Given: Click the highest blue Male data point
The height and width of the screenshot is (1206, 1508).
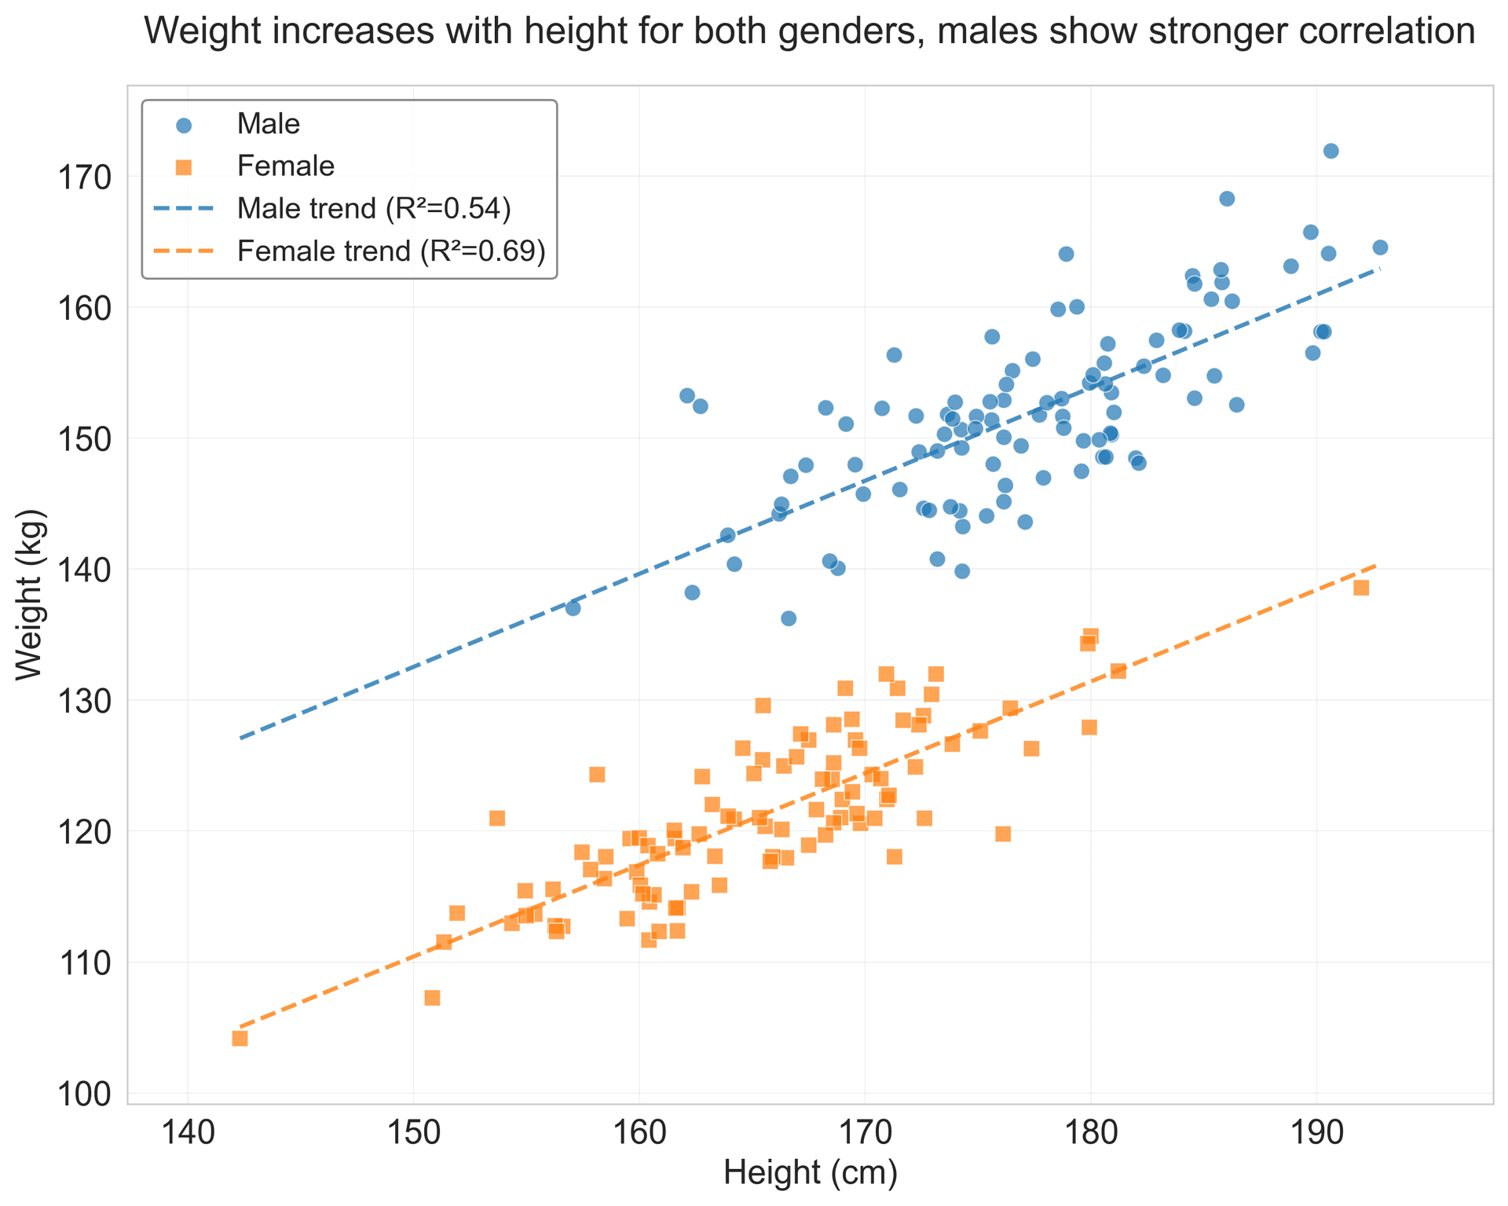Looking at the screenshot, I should [x=1330, y=151].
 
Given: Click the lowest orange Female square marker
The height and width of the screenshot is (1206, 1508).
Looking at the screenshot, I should [x=240, y=1039].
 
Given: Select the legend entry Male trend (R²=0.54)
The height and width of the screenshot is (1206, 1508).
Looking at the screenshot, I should [x=374, y=208].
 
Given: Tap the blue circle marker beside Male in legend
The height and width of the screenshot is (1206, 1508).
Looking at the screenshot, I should [x=184, y=124].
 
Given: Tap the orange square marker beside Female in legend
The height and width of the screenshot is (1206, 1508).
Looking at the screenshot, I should [x=184, y=167].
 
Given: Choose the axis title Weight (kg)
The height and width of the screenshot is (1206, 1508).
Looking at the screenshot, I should [x=31, y=594].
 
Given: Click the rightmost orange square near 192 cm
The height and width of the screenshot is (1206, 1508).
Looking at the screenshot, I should [x=1361, y=588].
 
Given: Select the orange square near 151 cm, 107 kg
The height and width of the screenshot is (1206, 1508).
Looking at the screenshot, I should [x=432, y=998].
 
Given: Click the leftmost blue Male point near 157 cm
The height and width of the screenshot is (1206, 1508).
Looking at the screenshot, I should [x=573, y=608].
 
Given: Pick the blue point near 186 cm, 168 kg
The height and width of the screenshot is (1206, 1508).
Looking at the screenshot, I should [x=1227, y=199].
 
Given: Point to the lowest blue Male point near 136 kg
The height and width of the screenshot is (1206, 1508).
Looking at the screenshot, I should [x=789, y=618].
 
